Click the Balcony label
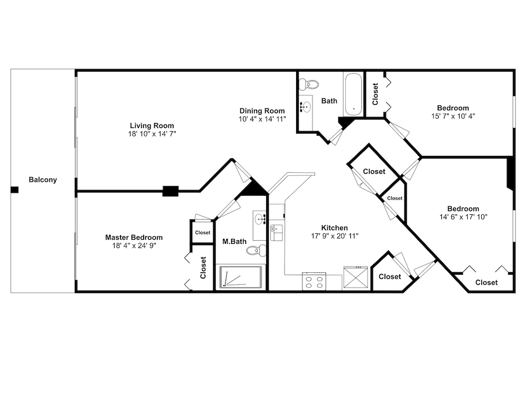(x=43, y=180)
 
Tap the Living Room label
(x=152, y=126)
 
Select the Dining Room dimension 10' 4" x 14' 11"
(x=262, y=119)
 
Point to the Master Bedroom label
(x=134, y=237)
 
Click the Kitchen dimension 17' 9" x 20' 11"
(x=335, y=236)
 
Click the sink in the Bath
(x=305, y=107)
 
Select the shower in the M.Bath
(x=240, y=277)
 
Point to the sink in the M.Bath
(x=260, y=220)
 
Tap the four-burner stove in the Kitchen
(x=314, y=281)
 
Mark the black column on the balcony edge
(x=14, y=190)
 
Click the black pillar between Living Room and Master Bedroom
(x=170, y=191)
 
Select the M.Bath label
(x=235, y=241)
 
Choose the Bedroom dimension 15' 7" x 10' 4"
(x=453, y=116)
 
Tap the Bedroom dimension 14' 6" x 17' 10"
(x=463, y=217)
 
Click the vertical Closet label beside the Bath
(x=375, y=94)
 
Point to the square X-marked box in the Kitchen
(x=356, y=278)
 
